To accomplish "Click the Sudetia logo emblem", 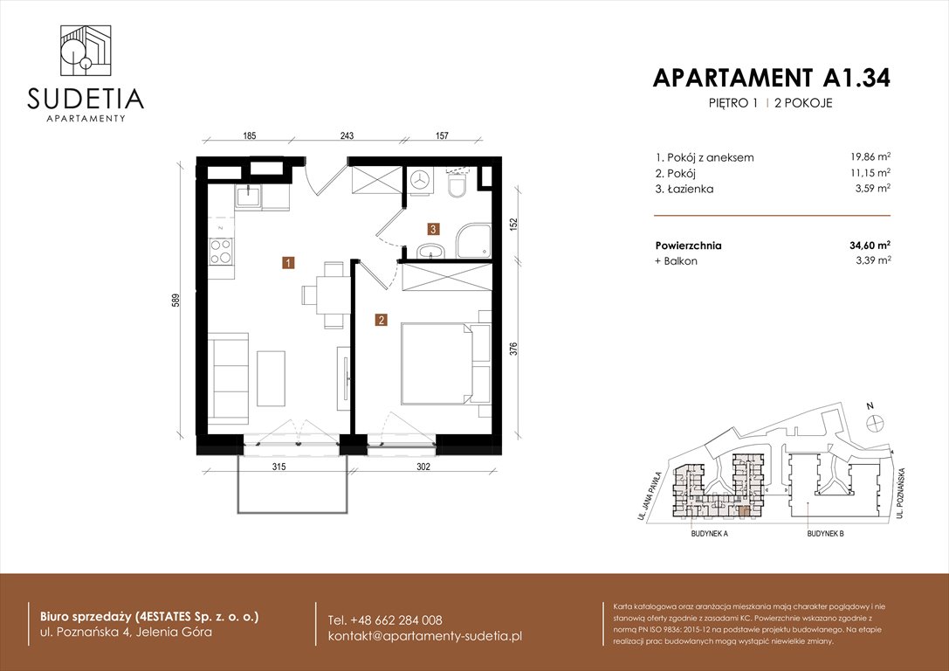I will pyautogui.click(x=86, y=52).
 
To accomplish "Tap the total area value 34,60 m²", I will pyautogui.click(x=866, y=246).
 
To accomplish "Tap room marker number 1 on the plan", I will pyautogui.click(x=287, y=261).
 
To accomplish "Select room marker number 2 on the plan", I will pyautogui.click(x=382, y=320).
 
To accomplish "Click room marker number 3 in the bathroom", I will pyautogui.click(x=433, y=229).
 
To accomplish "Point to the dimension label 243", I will pyautogui.click(x=347, y=135).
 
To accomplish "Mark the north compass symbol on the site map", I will pyautogui.click(x=871, y=421).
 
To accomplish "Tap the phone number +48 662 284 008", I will pyautogui.click(x=385, y=619).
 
